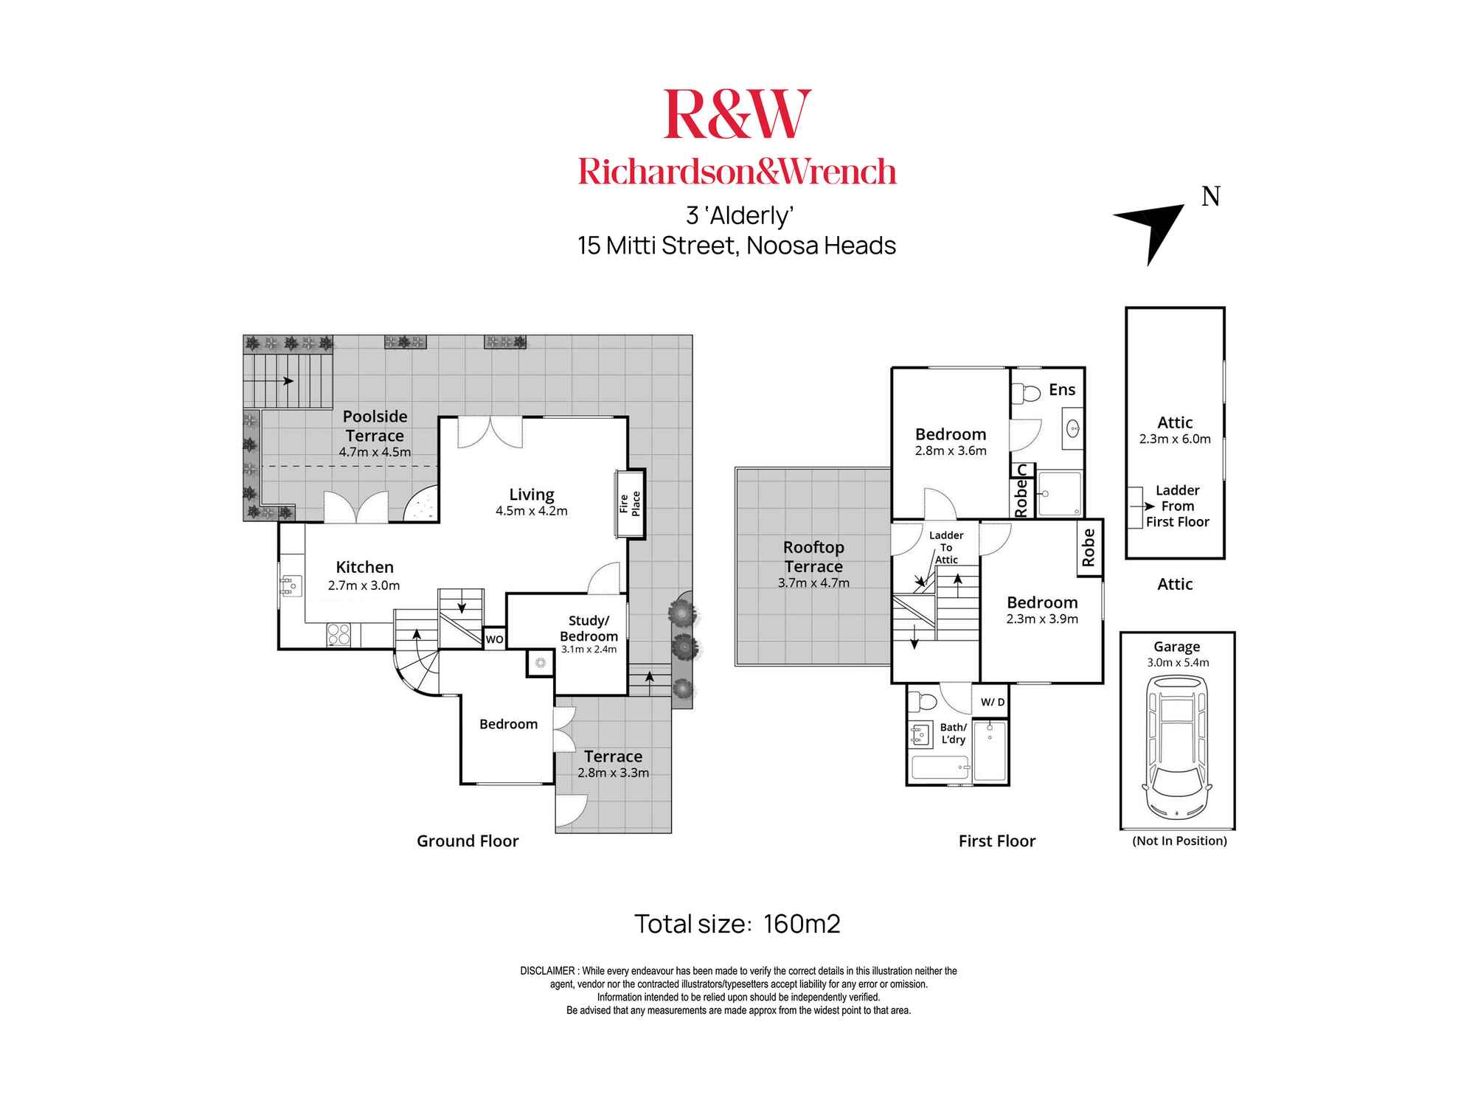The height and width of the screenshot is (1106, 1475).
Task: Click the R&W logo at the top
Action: pyautogui.click(x=737, y=114)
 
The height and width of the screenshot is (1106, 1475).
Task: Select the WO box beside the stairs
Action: pyautogui.click(x=494, y=639)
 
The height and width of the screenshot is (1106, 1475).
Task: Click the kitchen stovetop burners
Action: pyautogui.click(x=339, y=635)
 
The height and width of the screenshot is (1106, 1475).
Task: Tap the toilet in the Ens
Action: pyautogui.click(x=1024, y=393)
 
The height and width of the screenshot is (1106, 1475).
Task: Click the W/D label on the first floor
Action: pyautogui.click(x=992, y=702)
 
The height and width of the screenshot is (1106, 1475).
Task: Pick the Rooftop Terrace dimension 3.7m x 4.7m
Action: pyautogui.click(x=813, y=583)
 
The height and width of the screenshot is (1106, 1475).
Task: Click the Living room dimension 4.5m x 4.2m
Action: pyautogui.click(x=531, y=511)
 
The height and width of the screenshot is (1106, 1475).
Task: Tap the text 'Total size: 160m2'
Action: pyautogui.click(x=737, y=924)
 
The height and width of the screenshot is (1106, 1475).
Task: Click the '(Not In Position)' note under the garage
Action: pyautogui.click(x=1179, y=841)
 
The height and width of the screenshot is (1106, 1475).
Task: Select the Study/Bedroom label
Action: pyautogui.click(x=589, y=628)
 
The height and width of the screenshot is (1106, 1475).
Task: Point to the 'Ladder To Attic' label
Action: pyautogui.click(x=946, y=547)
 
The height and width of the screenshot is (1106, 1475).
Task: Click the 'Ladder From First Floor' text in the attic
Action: pyautogui.click(x=1177, y=506)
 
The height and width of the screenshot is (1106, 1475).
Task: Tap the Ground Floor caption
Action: pyautogui.click(x=468, y=841)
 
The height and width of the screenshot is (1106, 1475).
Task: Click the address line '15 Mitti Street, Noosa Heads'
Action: pyautogui.click(x=737, y=246)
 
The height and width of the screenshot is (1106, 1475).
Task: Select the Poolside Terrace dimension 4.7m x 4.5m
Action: pyautogui.click(x=375, y=452)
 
